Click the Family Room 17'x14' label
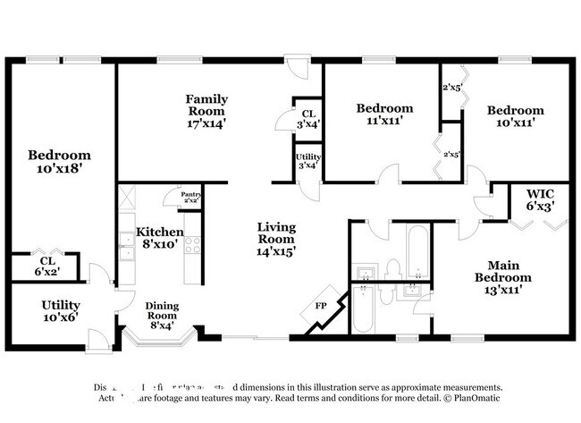pos(206,111)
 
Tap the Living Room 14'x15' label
pos(276,239)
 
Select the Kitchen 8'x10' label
pos(159,236)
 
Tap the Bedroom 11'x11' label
pos(384,114)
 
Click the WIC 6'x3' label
pos(541,199)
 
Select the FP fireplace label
pos(321,306)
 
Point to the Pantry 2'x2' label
pos(191,197)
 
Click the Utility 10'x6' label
pos(61,311)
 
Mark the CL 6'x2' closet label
pos(46,266)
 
